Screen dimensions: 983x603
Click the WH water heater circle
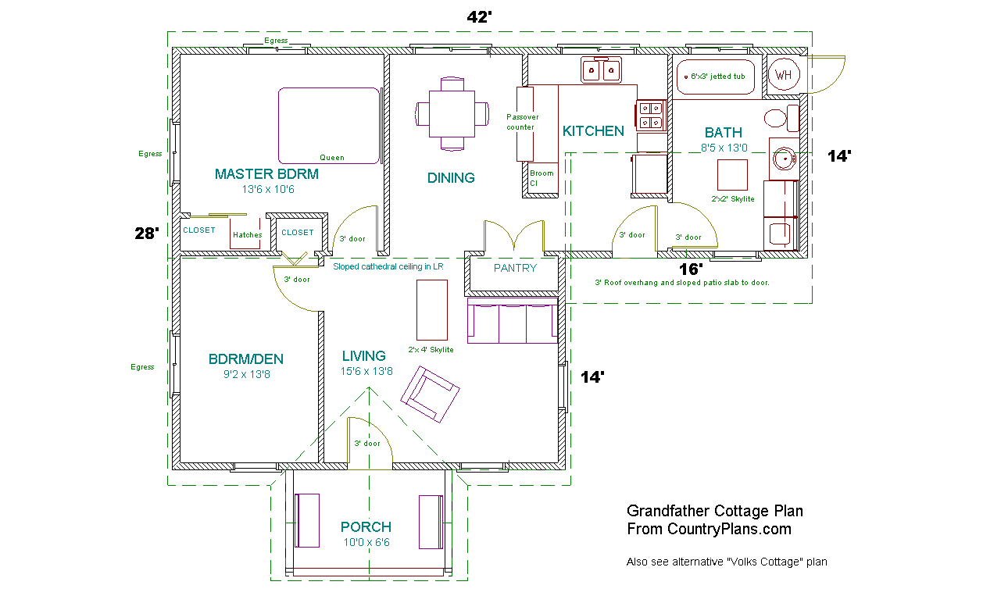pos(784,74)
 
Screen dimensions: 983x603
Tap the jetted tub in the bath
pos(715,77)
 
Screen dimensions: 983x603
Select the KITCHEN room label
pos(593,130)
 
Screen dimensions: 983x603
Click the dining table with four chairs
pos(452,113)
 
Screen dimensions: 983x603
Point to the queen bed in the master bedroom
pos(329,126)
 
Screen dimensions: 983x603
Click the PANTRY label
pos(515,268)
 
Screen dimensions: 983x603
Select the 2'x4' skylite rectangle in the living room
pos(432,309)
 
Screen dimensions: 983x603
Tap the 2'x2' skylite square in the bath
pos(732,174)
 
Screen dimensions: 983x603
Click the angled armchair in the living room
pos(430,394)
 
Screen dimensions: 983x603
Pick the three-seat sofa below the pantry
pos(513,320)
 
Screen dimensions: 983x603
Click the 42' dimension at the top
pos(479,17)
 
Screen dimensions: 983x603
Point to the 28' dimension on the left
pos(147,233)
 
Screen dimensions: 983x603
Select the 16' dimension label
pos(691,269)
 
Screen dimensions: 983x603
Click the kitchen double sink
pos(601,70)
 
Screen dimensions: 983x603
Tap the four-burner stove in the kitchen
pos(651,116)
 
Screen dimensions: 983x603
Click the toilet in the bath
pos(781,118)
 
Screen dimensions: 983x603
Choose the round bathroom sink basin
pos(785,159)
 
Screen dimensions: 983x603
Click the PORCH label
pos(366,526)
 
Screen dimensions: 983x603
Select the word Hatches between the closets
pos(247,235)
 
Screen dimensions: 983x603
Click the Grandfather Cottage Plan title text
pos(715,511)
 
